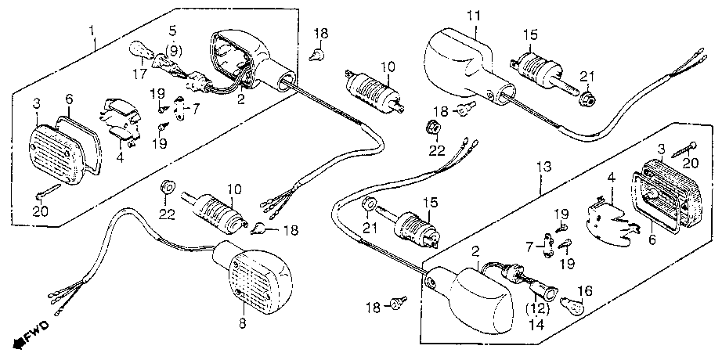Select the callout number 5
tap(172, 32)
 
